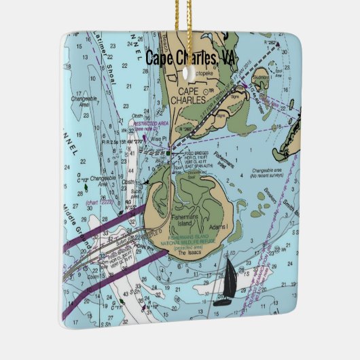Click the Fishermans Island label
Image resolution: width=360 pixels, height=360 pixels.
[x=184, y=223]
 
